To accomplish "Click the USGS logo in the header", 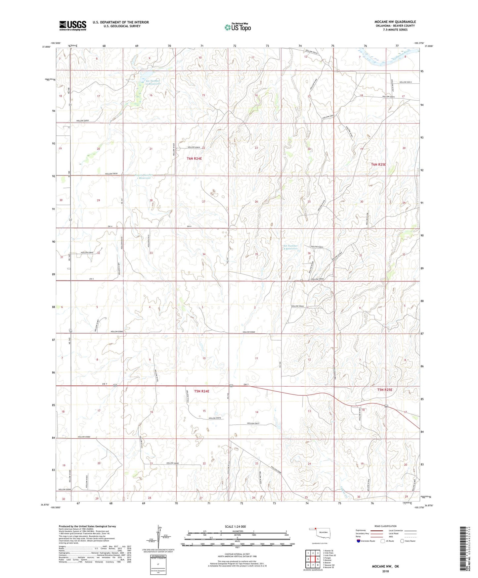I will pos(72,25).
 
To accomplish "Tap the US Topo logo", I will pos(238,27).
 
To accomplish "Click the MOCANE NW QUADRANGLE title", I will pos(395,22).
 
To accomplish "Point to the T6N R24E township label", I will pos(194,159).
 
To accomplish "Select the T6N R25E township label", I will pos(378,165).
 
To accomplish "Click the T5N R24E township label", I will pos(202,391).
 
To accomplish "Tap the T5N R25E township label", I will pos(385,390).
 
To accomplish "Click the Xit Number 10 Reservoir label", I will pos(153,82).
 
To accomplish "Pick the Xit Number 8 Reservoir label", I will pos(290,247).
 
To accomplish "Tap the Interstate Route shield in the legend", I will pos(358,541).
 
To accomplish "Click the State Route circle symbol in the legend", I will pos(402,541).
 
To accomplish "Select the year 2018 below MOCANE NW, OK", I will pos(385,571).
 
